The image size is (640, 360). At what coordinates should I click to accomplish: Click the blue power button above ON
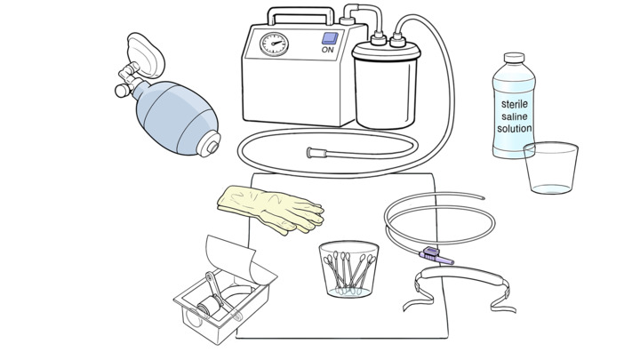330,38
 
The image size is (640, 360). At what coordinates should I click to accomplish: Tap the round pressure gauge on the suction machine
275,44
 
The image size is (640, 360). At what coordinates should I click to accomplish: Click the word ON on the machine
328,50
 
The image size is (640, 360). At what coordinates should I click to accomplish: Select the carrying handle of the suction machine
301,15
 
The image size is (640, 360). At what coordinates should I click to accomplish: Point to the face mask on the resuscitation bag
145,55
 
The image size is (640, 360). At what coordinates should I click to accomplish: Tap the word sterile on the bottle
515,104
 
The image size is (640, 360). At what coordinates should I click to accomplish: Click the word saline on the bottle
515,116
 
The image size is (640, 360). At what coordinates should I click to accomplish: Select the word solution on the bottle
515,129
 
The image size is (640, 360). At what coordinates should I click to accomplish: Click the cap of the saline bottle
514,58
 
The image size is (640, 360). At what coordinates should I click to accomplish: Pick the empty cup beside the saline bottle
551,168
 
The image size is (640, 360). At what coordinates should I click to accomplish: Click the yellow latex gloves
270,210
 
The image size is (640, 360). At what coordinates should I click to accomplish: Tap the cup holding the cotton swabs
348,269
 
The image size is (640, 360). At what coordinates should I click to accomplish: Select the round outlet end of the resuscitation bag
210,145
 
